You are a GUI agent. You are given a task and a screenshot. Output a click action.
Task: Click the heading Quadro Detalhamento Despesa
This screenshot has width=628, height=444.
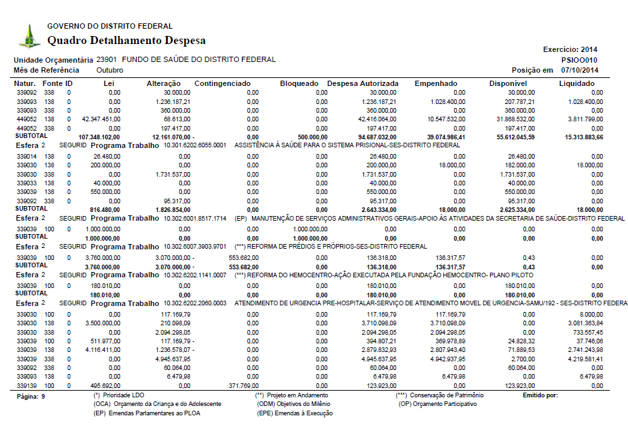tap(126, 41)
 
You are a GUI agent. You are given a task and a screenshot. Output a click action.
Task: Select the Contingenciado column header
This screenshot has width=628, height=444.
tap(222, 83)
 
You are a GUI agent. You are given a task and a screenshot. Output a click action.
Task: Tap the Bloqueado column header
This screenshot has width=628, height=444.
tap(299, 83)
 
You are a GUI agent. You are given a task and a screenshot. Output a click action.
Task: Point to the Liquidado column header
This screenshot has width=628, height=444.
tap(577, 83)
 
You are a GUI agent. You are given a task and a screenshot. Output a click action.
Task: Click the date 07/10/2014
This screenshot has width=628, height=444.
tap(579, 69)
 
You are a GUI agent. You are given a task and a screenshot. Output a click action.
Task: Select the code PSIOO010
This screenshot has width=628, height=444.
tap(579, 59)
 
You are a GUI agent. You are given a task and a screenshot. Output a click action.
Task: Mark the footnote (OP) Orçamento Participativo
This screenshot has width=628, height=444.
tap(437, 404)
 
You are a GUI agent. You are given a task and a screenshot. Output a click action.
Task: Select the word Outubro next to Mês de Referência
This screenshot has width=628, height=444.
tap(109, 69)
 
